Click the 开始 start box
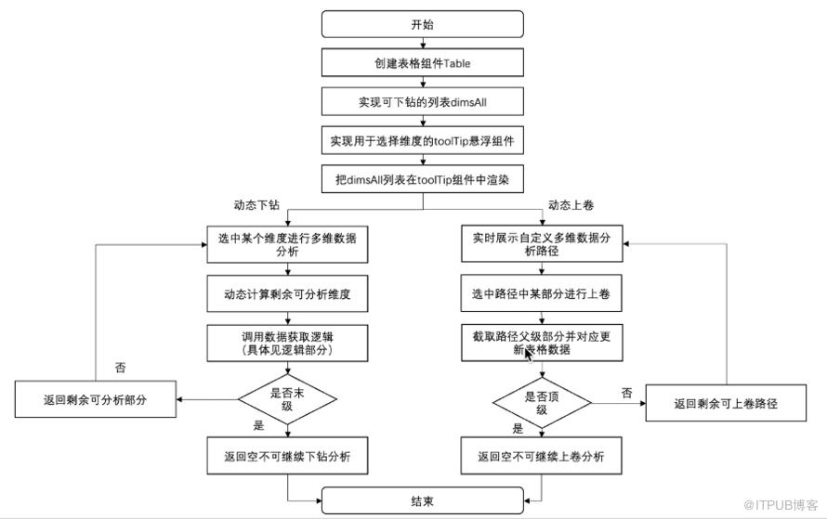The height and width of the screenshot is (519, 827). click(423, 24)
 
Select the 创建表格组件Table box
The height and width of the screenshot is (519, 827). click(423, 63)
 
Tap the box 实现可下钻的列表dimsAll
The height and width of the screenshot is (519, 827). click(423, 102)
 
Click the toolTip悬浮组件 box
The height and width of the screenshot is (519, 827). click(423, 140)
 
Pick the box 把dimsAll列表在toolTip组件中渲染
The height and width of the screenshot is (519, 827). click(423, 180)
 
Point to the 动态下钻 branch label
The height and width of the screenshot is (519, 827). click(256, 205)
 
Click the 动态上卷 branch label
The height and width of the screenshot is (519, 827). click(571, 205)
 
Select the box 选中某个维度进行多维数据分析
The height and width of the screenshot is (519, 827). click(287, 244)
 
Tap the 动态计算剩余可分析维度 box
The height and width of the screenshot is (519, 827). click(287, 293)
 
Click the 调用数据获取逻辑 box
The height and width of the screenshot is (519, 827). click(287, 343)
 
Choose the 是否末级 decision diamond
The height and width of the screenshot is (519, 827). click(287, 399)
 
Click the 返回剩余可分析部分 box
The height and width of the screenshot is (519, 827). click(96, 399)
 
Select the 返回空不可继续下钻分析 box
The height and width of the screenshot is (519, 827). click(287, 456)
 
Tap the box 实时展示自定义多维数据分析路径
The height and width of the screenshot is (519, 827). click(542, 243)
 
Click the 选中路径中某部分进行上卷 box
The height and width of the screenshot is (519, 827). click(541, 293)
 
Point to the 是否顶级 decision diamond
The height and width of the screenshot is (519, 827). click(542, 403)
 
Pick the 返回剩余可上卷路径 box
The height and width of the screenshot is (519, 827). click(726, 403)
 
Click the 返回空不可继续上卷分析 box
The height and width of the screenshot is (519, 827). click(541, 456)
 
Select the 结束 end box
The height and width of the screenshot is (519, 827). click(423, 500)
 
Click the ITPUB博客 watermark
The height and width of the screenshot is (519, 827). click(781, 505)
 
